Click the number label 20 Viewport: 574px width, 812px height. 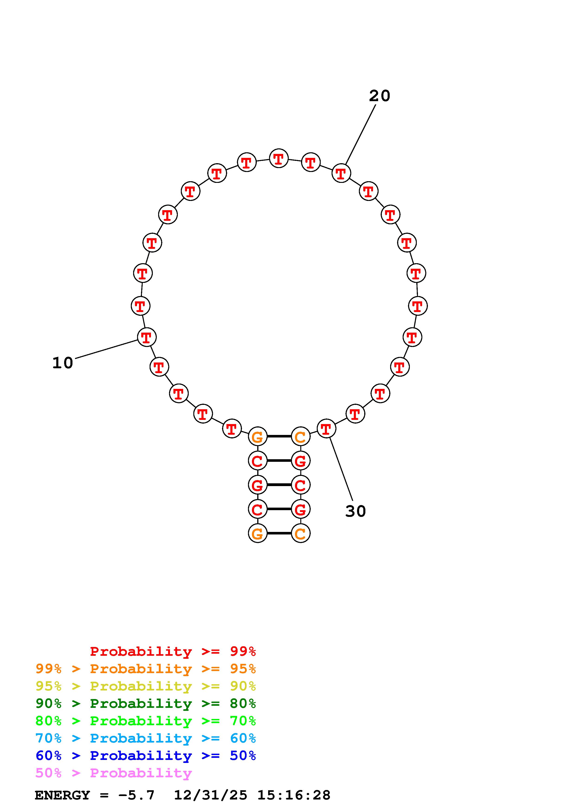(380, 96)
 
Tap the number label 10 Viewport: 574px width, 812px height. (63, 363)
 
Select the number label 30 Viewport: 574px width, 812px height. (355, 511)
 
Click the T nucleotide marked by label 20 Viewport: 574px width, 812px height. (341, 173)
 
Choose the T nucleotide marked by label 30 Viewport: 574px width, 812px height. (326, 429)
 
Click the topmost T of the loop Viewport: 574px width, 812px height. (279, 158)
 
